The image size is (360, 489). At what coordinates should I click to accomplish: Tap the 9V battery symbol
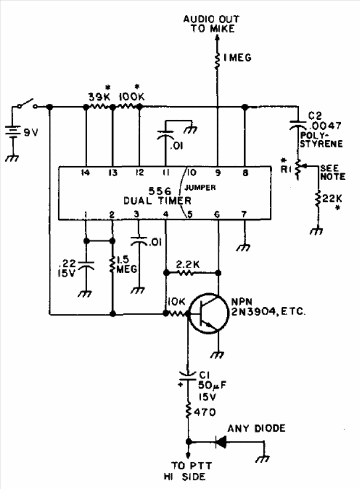click(12, 132)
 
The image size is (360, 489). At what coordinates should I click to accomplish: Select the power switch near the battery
click(27, 104)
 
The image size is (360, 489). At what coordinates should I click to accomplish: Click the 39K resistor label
click(100, 97)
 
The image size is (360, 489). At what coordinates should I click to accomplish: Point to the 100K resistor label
click(132, 97)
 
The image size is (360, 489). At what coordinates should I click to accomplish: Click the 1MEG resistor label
click(237, 58)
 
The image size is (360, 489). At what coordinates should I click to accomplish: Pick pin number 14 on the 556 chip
click(85, 173)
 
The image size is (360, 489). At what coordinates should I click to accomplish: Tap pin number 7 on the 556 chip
click(244, 214)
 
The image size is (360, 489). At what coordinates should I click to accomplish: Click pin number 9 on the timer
click(218, 173)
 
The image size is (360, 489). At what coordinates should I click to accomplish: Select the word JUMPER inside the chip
click(200, 188)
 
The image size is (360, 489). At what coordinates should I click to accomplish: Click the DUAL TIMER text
click(157, 201)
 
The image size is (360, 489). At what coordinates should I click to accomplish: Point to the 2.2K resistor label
click(188, 265)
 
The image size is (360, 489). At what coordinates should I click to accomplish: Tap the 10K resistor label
click(176, 301)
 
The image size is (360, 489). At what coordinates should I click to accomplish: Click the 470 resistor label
click(205, 412)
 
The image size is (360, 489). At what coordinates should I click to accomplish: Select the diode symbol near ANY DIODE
click(221, 442)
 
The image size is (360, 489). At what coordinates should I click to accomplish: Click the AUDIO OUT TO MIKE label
click(211, 24)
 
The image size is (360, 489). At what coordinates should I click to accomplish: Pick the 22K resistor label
click(332, 198)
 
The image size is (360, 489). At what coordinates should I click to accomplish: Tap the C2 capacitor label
click(315, 116)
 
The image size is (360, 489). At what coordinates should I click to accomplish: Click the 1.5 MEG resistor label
click(126, 265)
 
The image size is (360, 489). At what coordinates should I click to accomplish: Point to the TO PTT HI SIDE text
click(187, 471)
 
